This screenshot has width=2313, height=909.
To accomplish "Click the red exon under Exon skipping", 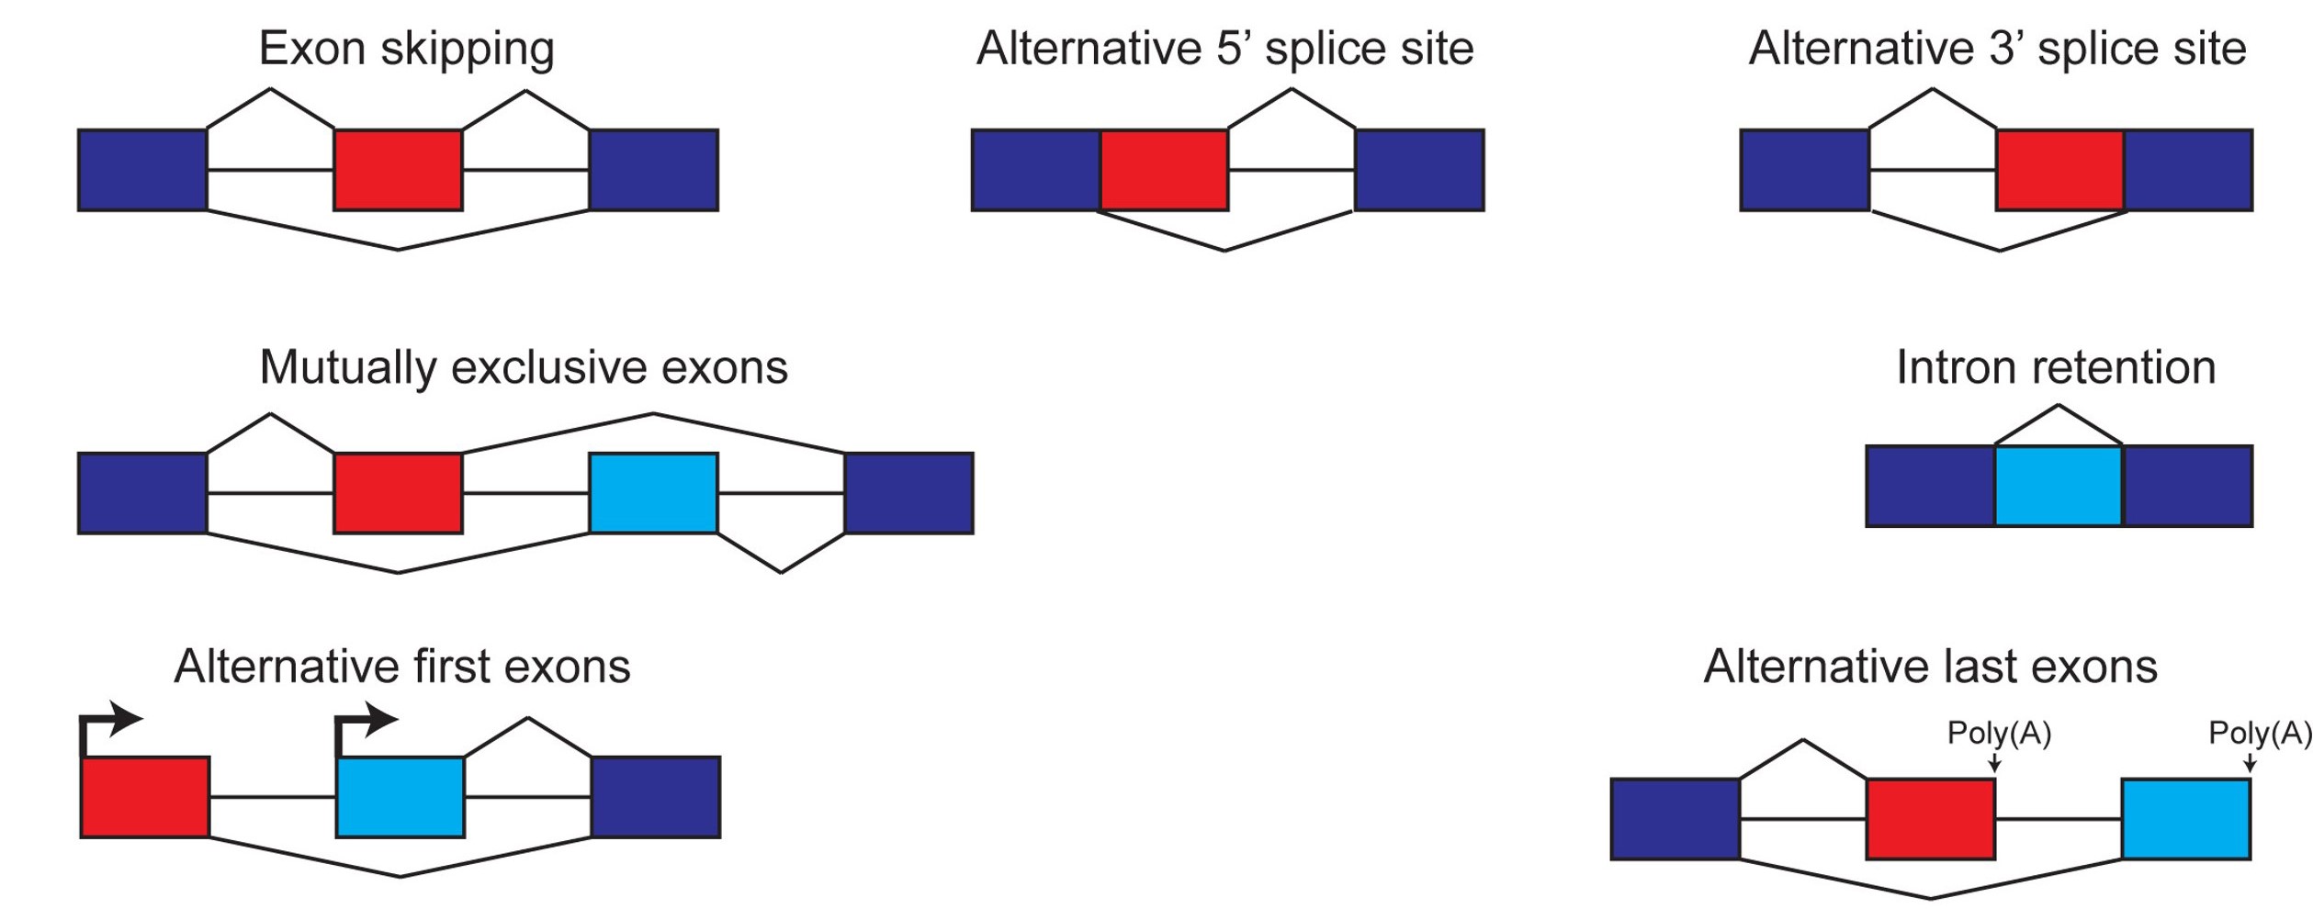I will [398, 170].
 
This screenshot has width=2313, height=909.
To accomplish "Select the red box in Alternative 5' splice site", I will [1164, 170].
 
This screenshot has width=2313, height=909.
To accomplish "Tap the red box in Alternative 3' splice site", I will [2059, 170].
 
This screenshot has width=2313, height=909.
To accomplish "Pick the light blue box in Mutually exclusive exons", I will [653, 493].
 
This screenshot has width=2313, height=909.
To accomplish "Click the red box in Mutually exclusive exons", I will [398, 493].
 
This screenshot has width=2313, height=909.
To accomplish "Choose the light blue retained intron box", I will [2059, 486].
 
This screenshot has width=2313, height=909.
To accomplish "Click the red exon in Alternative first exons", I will [145, 797].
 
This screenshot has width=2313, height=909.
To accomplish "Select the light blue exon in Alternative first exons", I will [401, 797].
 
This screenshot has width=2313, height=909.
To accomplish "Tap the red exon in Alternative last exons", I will [1931, 819].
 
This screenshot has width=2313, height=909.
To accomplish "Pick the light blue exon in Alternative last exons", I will [2186, 819].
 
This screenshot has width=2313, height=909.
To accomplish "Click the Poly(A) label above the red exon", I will [1999, 734].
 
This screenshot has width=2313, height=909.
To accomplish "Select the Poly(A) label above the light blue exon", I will [2260, 734].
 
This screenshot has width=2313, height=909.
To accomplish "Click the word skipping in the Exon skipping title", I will [467, 50].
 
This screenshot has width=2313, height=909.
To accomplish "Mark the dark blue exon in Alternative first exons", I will [656, 797].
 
